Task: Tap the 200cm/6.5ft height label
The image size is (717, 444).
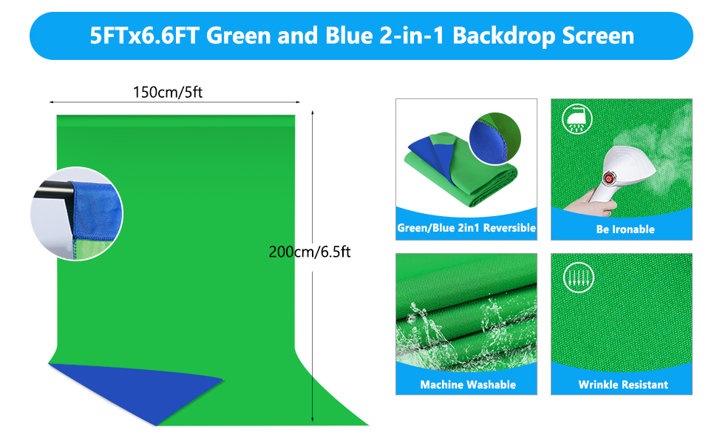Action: pos(310,252)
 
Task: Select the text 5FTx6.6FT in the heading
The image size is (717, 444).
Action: pos(145,36)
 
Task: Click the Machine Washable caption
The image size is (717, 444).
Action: pos(468,385)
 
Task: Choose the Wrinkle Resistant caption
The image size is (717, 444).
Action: pos(623,385)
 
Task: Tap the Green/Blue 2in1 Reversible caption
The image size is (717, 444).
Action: pos(466,228)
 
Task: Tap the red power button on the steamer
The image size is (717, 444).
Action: pos(611,179)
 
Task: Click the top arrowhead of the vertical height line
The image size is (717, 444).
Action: pos(313,112)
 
